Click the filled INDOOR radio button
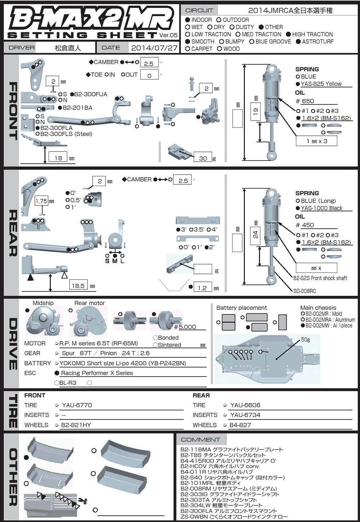188,20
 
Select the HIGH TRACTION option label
312,34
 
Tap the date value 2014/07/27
154,48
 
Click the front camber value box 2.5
149,63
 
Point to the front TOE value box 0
149,75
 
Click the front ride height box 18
58,158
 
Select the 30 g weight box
203,158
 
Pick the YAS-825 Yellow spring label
321,84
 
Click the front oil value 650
308,101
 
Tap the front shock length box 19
256,112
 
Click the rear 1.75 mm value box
41,201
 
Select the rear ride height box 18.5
78,286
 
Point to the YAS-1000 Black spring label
322,208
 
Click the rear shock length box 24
255,235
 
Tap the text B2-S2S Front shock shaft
320,278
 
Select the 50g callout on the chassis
305,339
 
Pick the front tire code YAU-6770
77,405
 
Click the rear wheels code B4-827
240,425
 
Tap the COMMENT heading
201,440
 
